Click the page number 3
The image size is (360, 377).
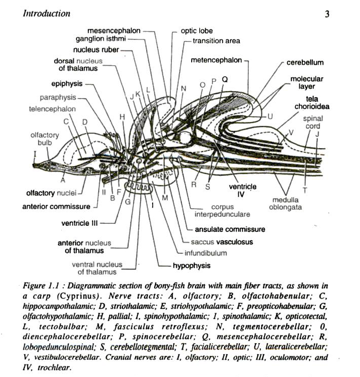point(327,14)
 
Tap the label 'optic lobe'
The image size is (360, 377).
point(197,31)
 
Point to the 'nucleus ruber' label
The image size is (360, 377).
point(96,50)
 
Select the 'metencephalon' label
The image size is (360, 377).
point(216,60)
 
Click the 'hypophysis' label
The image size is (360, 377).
point(191,265)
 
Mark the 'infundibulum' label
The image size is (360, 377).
point(205,253)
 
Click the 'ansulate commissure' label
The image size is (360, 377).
point(230,229)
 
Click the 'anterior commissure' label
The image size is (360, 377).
point(56,206)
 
